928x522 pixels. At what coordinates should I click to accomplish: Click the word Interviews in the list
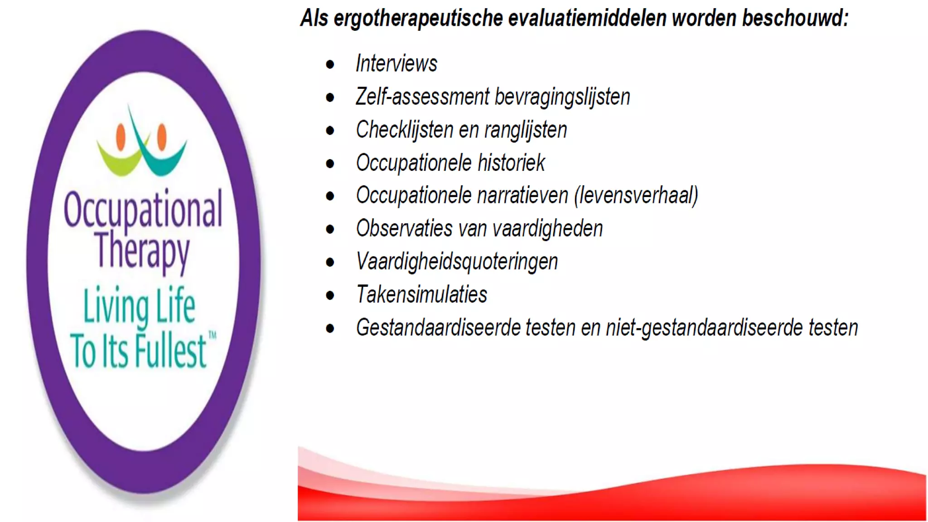tap(396, 63)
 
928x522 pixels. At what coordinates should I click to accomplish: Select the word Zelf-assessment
tap(422, 97)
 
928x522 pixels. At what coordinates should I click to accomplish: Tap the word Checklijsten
tap(404, 130)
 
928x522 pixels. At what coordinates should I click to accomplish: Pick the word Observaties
tap(404, 228)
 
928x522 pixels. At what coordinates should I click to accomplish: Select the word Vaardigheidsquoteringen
tap(457, 262)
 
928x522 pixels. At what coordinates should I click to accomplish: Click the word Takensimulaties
tap(421, 295)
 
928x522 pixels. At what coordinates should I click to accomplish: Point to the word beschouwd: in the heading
tap(795, 19)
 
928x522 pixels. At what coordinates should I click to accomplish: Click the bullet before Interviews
tap(330, 64)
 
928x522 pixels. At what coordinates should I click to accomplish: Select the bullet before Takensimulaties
tap(330, 295)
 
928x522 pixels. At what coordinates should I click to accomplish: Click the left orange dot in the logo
tap(121, 136)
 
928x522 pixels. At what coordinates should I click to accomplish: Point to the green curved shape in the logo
tap(118, 161)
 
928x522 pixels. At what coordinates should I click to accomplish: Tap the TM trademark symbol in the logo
tap(212, 335)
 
